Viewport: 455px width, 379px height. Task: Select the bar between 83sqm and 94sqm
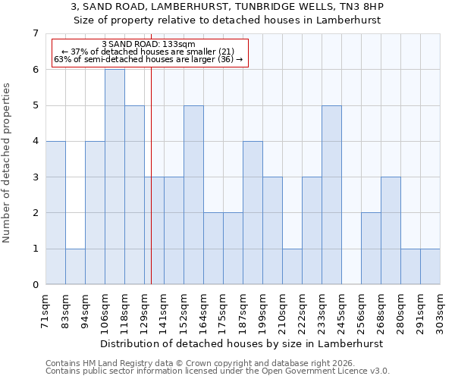[x=75, y=266]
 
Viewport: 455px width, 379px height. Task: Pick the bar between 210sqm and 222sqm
[x=292, y=266]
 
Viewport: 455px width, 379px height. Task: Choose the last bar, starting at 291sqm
[x=430, y=266]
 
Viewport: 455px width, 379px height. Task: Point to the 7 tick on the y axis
[x=35, y=33]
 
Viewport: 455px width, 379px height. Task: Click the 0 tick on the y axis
[x=35, y=285]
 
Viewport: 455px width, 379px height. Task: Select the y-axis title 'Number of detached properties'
[x=8, y=163]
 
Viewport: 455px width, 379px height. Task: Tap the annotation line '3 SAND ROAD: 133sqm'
[x=149, y=44]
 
